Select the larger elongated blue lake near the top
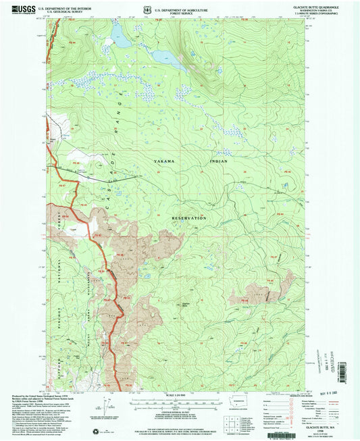coord(169,59)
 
